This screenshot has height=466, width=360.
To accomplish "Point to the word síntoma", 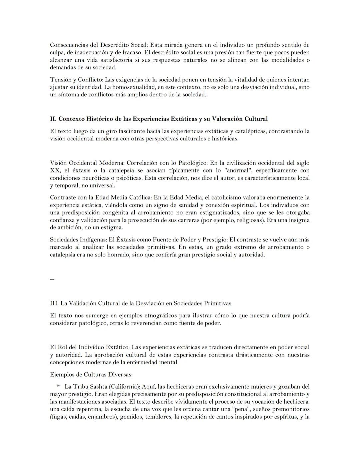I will (x=68, y=95).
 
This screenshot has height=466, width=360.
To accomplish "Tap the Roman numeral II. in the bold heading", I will (x=53, y=119).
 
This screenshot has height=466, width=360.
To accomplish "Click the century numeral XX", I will (x=55, y=170).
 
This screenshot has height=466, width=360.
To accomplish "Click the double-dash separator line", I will (x=52, y=279).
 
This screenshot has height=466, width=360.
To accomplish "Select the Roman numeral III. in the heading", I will (x=54, y=304).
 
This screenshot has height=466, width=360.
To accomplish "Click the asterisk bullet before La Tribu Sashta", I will (x=58, y=387).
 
